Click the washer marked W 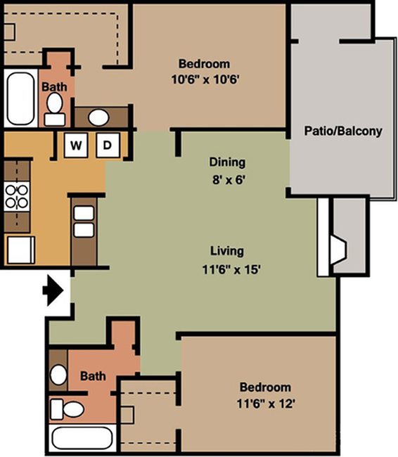tap(76, 145)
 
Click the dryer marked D tap(108, 145)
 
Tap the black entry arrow tap(53, 290)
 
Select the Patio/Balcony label tap(343, 131)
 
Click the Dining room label tap(227, 162)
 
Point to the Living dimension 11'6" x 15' tap(231, 269)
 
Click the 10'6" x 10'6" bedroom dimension tap(205, 79)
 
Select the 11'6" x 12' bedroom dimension tap(266, 404)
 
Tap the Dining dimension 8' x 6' tap(228, 180)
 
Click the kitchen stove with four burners tap(17, 196)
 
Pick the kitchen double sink tap(84, 221)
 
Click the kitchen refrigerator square tap(21, 250)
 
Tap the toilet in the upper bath tap(55, 109)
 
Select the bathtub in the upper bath tap(20, 98)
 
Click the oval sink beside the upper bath tap(98, 117)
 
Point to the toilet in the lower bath tap(68, 409)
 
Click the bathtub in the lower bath tap(82, 438)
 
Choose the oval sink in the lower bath tap(58, 375)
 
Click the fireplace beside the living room tap(338, 250)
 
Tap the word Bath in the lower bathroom tap(93, 376)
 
